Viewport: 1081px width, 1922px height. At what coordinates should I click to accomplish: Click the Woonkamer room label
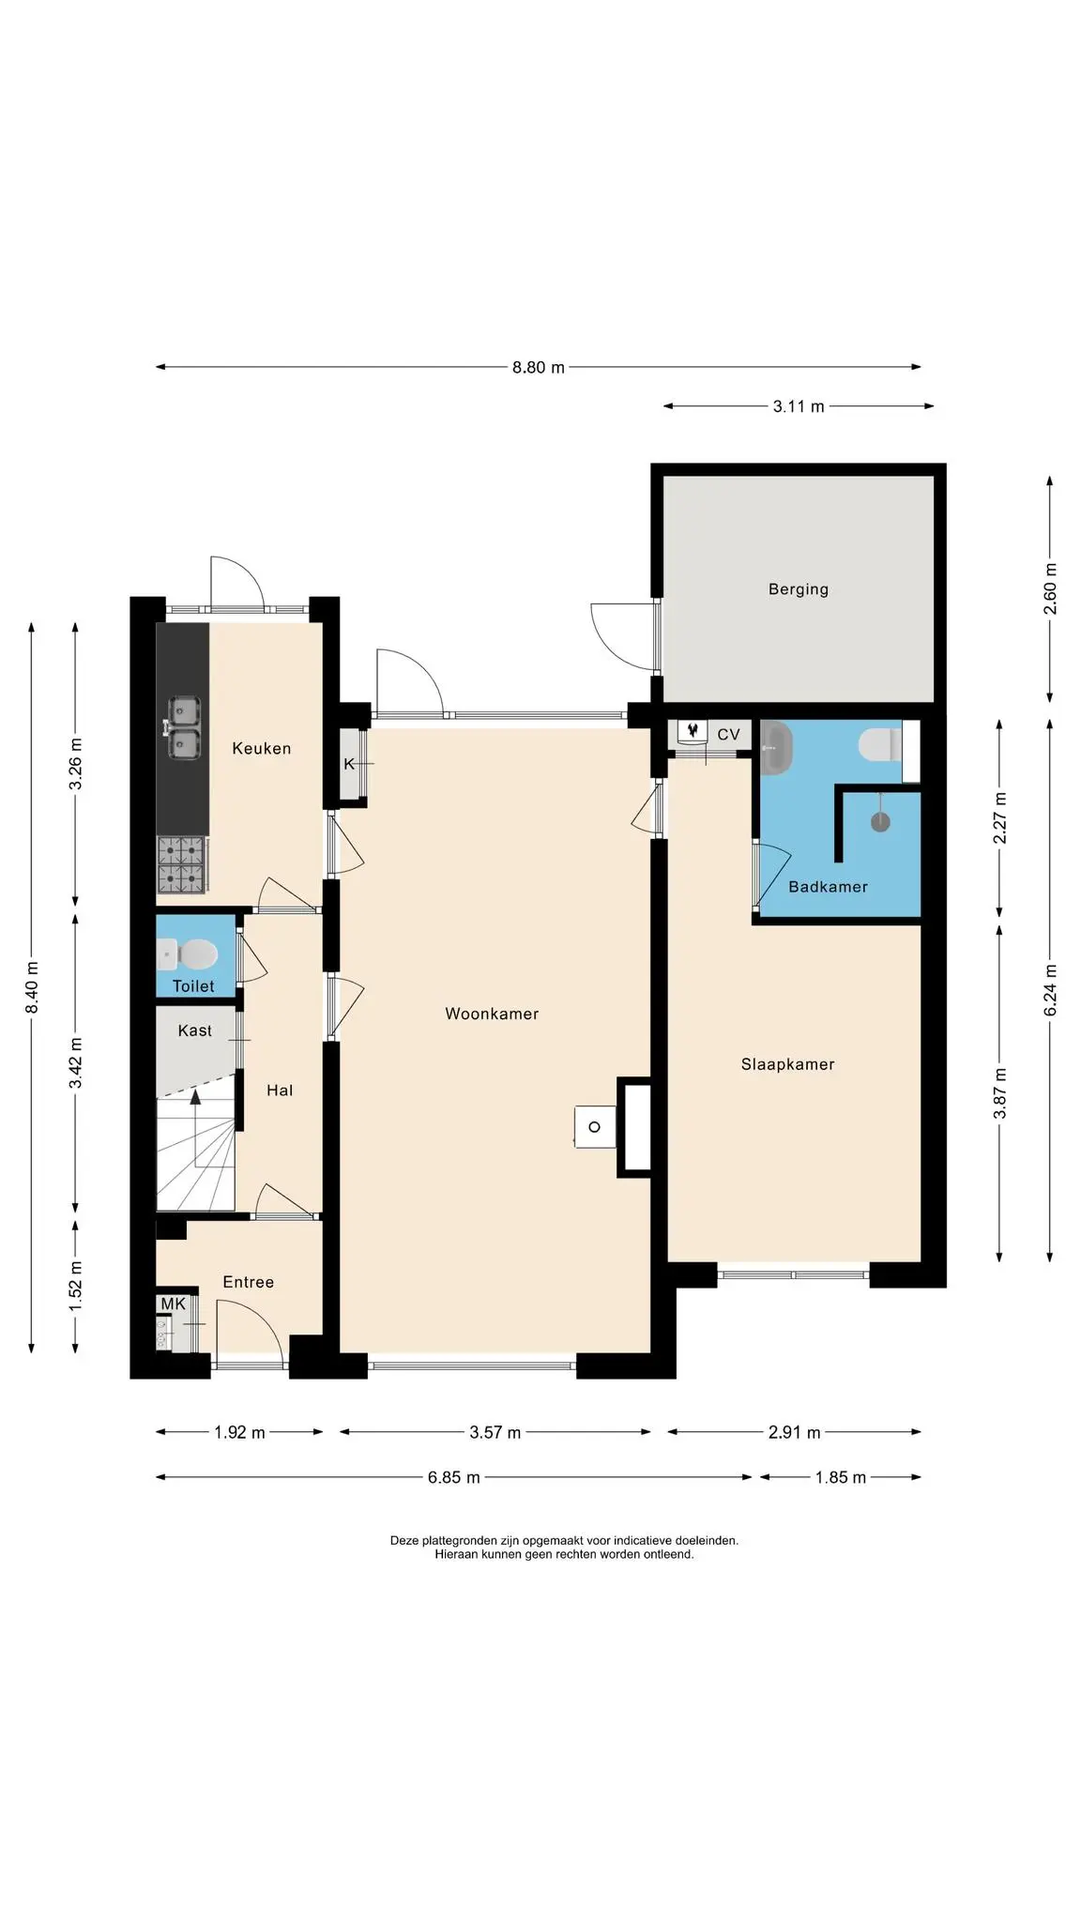tap(492, 1014)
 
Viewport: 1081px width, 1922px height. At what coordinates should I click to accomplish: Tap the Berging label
tap(799, 590)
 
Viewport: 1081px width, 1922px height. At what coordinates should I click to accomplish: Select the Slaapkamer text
tap(787, 1064)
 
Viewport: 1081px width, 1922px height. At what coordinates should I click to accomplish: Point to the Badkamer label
tap(828, 887)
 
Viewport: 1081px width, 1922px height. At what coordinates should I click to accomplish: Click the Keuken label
tap(262, 749)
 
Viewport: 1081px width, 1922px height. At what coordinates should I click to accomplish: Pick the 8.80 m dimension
tap(539, 368)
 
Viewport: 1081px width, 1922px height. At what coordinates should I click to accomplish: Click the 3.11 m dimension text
tap(799, 406)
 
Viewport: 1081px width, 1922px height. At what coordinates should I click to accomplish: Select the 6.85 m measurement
tap(454, 1478)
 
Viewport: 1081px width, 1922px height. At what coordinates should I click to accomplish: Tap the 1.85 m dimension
tap(841, 1478)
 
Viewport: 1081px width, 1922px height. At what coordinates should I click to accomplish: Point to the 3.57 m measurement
tap(495, 1433)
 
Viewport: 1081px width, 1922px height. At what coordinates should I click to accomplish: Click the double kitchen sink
tap(184, 728)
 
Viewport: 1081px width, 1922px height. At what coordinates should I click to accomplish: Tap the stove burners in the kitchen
tap(181, 864)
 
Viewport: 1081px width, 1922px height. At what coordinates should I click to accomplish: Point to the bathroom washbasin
tap(776, 747)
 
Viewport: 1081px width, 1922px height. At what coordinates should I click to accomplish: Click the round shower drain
tap(880, 822)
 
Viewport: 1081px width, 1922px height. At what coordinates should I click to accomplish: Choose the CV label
tap(728, 735)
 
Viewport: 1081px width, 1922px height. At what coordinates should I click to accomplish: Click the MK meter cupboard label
tap(174, 1304)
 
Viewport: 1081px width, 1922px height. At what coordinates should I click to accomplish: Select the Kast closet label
tap(195, 1030)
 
